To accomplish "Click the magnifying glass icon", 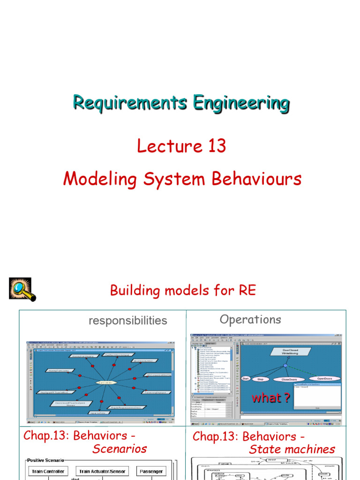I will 22,289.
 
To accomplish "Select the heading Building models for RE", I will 183,290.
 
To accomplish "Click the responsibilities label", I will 127,321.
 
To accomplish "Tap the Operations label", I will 250,320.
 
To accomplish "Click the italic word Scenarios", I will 120,449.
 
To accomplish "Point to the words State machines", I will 292,449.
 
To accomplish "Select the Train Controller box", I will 48,471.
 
